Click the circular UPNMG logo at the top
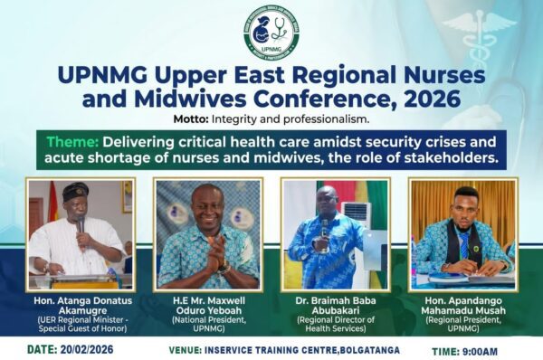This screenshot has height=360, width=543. [x=271, y=33]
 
